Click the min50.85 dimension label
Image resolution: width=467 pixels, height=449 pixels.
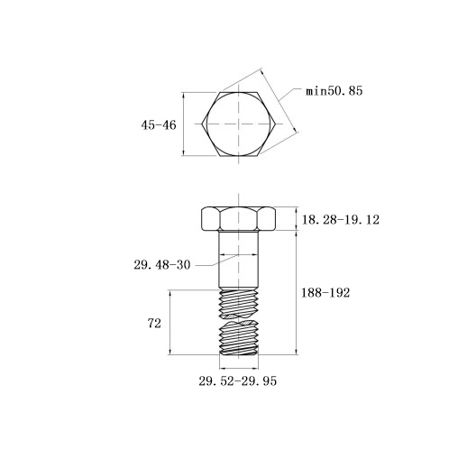click(x=334, y=91)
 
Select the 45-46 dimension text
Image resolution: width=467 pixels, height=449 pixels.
click(x=159, y=125)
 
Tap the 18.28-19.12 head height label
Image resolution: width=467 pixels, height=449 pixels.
click(x=341, y=220)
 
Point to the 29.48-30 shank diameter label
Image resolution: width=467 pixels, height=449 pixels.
click(x=162, y=265)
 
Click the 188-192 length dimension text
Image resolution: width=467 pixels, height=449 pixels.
click(x=325, y=293)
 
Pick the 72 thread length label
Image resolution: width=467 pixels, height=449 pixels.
click(x=154, y=324)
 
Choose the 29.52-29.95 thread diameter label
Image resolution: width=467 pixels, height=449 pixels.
click(x=237, y=381)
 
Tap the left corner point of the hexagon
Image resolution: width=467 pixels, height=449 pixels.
click(x=202, y=124)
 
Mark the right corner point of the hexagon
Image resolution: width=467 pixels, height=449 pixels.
click(x=276, y=124)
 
